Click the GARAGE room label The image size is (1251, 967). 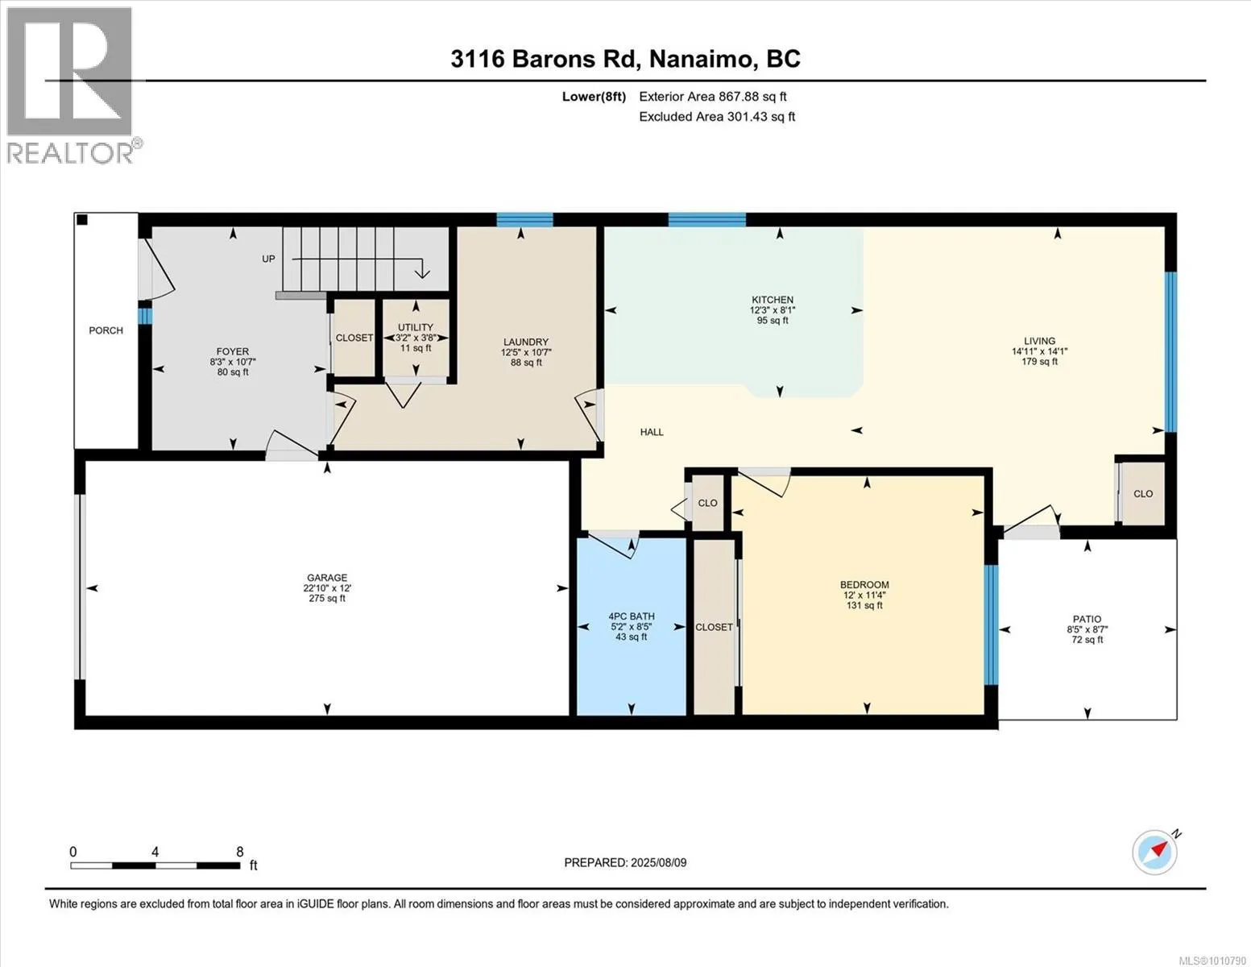click(x=327, y=578)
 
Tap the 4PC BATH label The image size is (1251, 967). click(x=632, y=616)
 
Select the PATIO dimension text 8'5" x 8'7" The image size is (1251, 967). click(x=1087, y=629)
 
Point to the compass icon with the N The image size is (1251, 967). click(x=1156, y=852)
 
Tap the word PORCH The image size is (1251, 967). click(x=106, y=330)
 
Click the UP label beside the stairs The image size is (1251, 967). click(x=268, y=259)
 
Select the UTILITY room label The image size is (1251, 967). click(x=416, y=327)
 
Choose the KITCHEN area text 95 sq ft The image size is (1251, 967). click(x=773, y=320)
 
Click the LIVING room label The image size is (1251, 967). click(x=1040, y=341)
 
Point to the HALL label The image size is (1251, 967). click(x=652, y=432)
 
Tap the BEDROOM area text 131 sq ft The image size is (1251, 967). click(x=864, y=605)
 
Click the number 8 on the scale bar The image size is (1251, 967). click(x=239, y=852)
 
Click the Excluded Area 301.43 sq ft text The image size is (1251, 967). click(x=717, y=117)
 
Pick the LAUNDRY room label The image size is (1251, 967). click(x=526, y=342)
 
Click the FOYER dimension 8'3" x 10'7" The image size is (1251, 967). click(x=233, y=362)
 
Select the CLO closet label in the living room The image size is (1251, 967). click(x=1143, y=494)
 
